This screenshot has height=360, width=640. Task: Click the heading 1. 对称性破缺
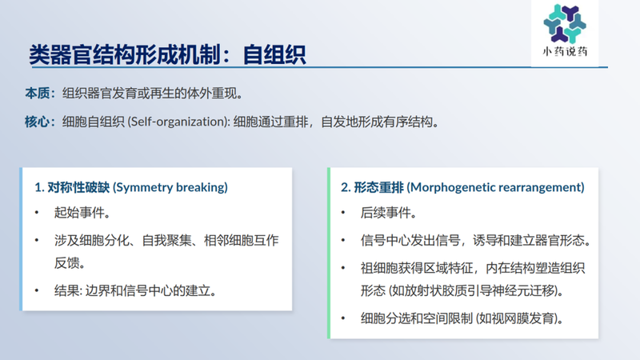71,187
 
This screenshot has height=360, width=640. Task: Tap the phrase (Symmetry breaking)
170,187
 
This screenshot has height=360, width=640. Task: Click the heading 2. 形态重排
372,187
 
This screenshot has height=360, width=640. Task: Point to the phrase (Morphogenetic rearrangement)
495,187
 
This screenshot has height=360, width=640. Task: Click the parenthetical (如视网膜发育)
521,318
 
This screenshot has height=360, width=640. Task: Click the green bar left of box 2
328,252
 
